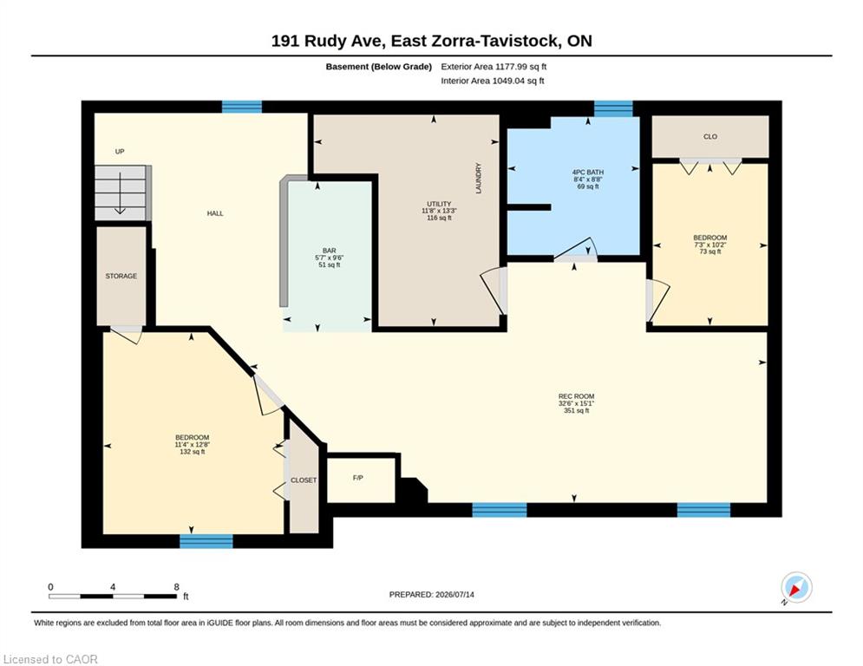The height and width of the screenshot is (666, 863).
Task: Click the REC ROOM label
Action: (x=576, y=396)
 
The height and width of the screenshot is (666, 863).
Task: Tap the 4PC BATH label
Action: (x=588, y=173)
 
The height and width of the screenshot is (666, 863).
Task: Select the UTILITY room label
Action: (x=439, y=204)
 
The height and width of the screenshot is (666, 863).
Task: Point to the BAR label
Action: (x=329, y=251)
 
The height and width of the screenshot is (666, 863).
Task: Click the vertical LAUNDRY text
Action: (x=478, y=179)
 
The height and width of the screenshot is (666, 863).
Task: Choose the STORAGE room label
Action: (x=121, y=276)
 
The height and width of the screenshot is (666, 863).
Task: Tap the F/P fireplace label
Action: (x=357, y=478)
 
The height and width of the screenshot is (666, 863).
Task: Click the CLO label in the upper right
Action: (x=710, y=136)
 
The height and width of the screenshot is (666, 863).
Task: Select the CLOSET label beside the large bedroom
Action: (x=304, y=480)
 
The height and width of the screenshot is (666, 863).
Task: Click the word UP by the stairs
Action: (x=120, y=152)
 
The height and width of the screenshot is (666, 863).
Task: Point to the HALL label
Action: (x=215, y=213)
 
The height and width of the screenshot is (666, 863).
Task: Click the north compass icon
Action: (x=796, y=587)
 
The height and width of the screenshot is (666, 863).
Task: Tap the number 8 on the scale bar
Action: (x=176, y=587)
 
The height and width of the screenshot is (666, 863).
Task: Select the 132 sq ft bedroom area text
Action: (x=192, y=452)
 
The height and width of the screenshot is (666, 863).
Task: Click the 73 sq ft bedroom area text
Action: (x=710, y=251)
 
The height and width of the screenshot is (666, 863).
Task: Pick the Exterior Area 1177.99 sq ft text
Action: (x=494, y=67)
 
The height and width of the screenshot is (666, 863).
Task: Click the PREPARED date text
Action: (x=432, y=594)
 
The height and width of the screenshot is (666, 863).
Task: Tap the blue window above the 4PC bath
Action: (x=613, y=108)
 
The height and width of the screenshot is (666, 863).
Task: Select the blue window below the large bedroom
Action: (x=206, y=541)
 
